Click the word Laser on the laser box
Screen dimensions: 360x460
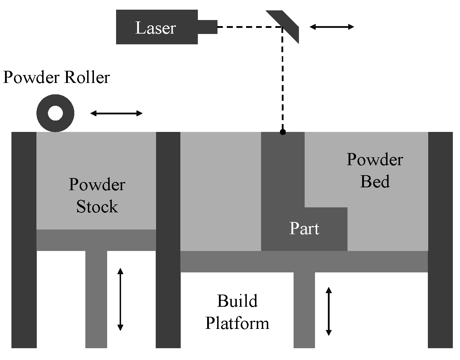155,28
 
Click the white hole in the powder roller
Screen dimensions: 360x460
55,113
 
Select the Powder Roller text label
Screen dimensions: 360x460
56,77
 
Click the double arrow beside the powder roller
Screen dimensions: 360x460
116,113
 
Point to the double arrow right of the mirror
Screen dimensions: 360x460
332,27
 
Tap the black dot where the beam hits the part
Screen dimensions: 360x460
283,132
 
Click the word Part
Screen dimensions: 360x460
304,228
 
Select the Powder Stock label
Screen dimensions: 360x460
97,196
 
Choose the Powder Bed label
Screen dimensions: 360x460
375,171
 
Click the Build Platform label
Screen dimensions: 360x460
237,312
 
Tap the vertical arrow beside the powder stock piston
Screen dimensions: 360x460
120,299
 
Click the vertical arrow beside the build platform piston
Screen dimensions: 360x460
329,311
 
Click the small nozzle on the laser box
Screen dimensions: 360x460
207,27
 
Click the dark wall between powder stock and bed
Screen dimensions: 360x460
168,240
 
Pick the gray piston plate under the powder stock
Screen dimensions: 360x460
96,240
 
